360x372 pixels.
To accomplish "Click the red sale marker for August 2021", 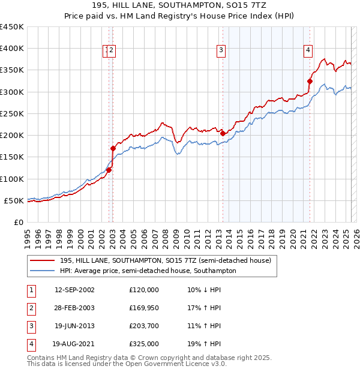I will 310,81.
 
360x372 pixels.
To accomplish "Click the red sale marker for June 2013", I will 223,133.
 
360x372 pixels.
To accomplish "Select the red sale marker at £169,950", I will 113,148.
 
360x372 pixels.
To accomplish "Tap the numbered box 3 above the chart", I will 221,50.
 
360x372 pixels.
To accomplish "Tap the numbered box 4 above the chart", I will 308,50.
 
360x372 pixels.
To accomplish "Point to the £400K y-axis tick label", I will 12,49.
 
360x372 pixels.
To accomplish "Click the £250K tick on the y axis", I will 12,113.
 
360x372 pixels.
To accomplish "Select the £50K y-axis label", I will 14,200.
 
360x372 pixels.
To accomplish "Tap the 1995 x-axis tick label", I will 27,234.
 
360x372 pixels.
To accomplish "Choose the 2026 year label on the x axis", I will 355,234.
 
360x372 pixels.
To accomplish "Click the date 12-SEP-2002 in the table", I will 74,290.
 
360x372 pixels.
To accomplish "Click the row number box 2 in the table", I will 31,308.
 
